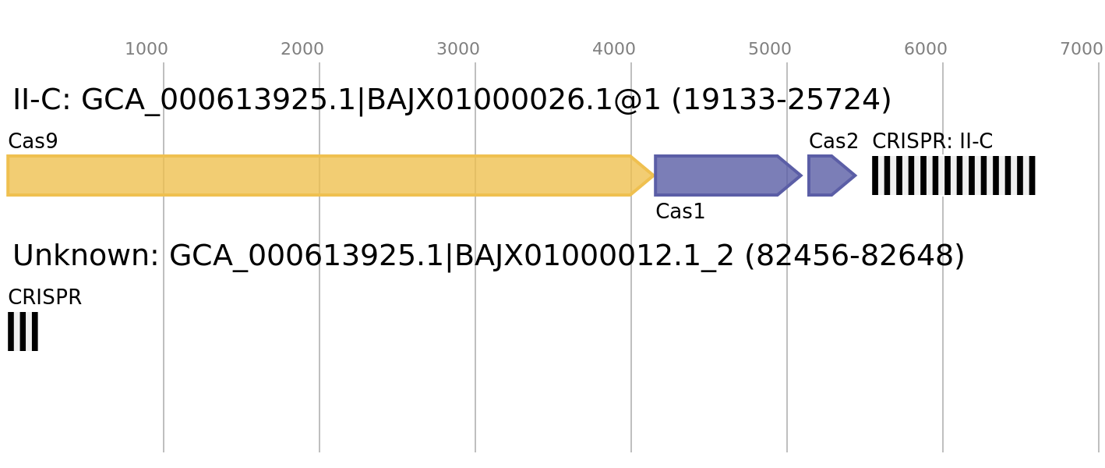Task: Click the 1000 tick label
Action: [147, 49]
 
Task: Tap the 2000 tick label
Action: [302, 49]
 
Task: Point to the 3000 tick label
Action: [458, 49]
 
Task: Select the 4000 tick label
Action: [614, 49]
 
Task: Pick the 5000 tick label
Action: [770, 49]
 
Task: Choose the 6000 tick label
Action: [926, 49]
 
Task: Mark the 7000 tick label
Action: [1082, 49]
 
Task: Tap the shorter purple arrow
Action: [826, 175]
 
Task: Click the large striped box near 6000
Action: [954, 175]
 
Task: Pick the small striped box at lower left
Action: [23, 331]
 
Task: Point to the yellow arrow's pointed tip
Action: [652, 175]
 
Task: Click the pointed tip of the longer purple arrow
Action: [800, 175]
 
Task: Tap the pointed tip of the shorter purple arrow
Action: [855, 175]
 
